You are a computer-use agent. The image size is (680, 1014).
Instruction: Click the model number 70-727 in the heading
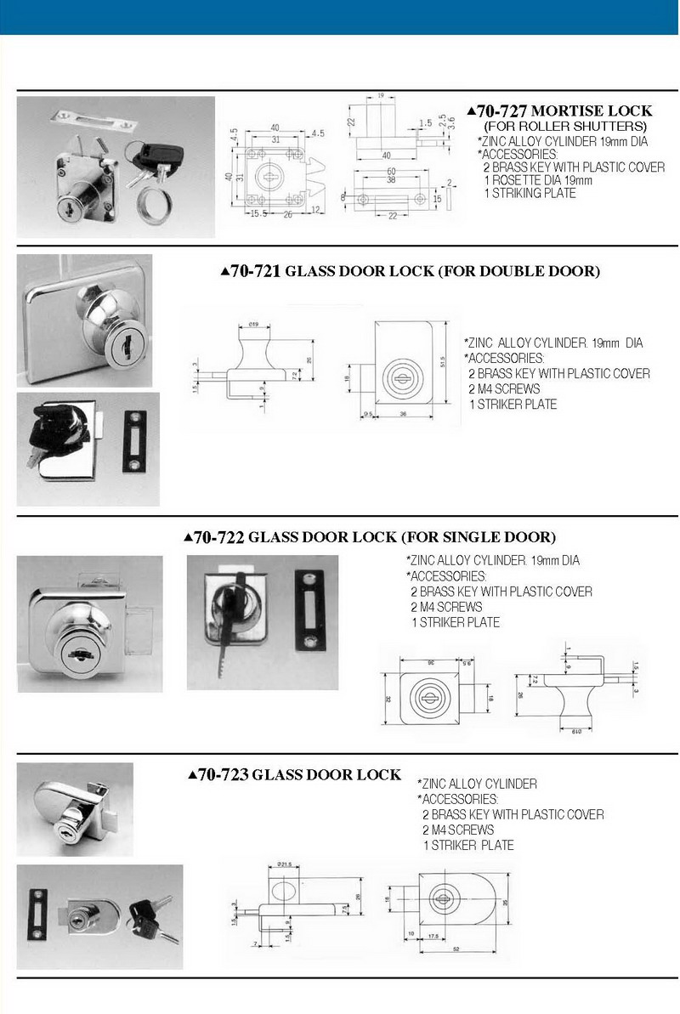pos(502,111)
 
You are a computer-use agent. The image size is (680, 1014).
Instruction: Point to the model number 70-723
pos(223,775)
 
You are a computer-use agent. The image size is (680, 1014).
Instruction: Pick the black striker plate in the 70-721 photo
pos(135,441)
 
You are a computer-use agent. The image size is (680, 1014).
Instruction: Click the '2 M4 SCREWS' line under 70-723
pos(457,830)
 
